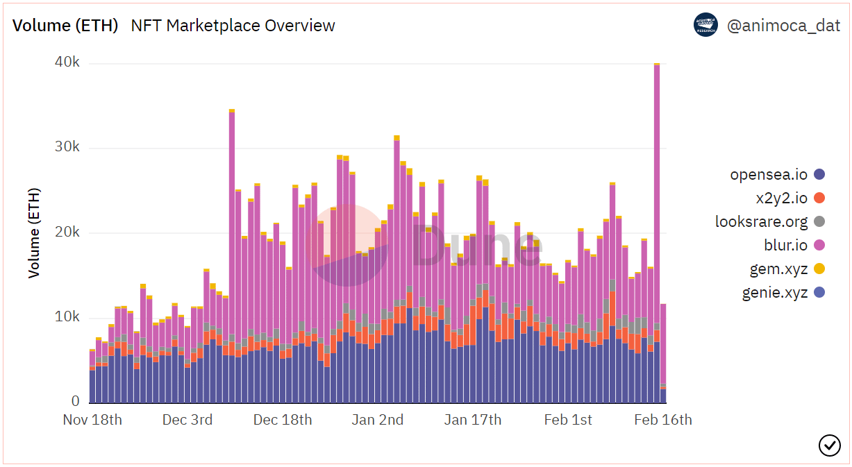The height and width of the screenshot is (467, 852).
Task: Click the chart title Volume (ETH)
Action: coord(65,26)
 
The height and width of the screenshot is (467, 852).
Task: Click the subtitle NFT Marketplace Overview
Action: coord(233,26)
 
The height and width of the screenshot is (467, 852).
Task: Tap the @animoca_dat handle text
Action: coord(783,26)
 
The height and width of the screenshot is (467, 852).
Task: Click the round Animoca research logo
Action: coord(705,25)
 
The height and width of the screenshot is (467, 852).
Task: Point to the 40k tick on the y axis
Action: coord(67,62)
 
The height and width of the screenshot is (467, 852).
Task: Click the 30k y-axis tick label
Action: coord(67,147)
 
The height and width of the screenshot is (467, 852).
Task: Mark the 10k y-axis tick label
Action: coord(67,317)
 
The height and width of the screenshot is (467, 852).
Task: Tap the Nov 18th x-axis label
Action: coord(92,420)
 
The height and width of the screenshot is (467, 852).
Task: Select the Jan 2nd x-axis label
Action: coord(377,420)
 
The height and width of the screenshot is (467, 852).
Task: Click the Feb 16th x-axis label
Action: coord(663,420)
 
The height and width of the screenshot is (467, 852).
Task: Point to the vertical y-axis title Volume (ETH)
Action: coord(34,232)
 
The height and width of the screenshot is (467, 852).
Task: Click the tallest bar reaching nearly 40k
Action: coord(657,208)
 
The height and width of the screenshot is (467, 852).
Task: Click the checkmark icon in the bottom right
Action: coord(829,445)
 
